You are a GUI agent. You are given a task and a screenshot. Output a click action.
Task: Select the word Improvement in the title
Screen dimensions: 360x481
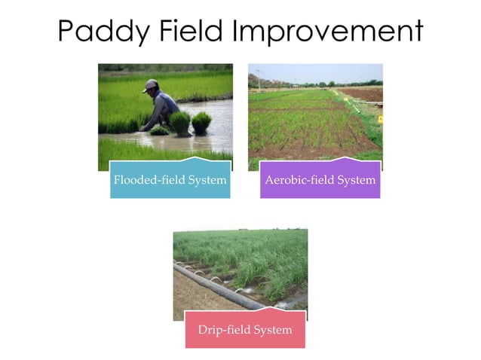[x=328, y=32]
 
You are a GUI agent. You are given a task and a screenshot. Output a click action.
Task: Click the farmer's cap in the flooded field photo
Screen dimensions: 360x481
[x=151, y=84]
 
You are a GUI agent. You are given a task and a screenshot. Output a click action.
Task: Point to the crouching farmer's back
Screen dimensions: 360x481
[x=167, y=101]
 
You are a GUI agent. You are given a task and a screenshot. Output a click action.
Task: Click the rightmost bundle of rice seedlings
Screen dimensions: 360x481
[x=201, y=122]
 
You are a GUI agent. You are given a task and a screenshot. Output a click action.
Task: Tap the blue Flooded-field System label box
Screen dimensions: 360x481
[x=170, y=180]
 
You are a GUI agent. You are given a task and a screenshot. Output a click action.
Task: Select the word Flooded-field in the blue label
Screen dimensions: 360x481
[x=146, y=181]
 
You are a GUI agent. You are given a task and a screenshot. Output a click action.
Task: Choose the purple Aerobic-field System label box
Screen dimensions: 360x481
[x=320, y=180]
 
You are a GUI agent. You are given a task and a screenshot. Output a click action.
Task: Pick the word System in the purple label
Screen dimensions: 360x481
[x=356, y=181]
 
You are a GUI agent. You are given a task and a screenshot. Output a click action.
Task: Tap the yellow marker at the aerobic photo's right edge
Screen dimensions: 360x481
[x=380, y=119]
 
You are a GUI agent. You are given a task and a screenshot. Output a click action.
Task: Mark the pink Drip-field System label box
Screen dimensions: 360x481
[x=245, y=330]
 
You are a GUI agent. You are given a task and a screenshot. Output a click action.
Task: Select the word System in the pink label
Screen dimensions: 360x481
[x=272, y=331]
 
